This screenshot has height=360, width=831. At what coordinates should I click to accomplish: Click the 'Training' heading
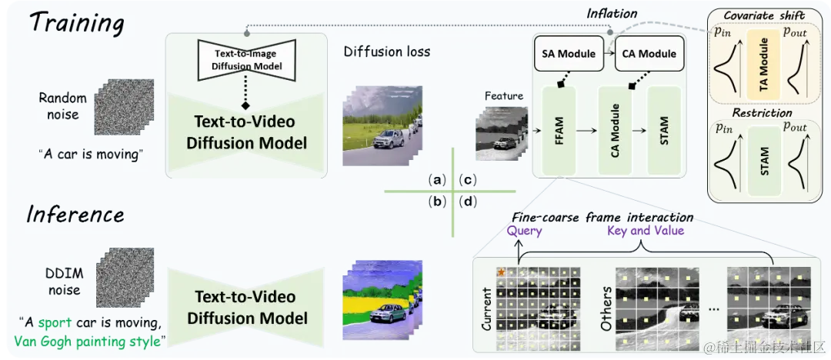[x=75, y=22]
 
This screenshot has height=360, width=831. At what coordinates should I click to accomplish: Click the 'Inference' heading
[x=75, y=213]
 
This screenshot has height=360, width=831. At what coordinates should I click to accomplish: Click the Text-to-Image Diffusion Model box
[x=246, y=60]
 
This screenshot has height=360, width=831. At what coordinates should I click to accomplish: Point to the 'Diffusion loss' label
[x=387, y=52]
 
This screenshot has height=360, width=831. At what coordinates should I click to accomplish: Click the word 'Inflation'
[x=611, y=14]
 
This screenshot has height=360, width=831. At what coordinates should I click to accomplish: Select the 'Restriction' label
[x=762, y=113]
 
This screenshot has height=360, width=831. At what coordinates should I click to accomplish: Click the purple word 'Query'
[x=524, y=231]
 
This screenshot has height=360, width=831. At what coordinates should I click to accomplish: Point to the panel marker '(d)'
[x=466, y=203]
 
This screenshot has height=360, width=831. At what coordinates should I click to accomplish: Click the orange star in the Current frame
[x=501, y=272]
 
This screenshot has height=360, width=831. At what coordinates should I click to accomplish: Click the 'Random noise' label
[x=59, y=106]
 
